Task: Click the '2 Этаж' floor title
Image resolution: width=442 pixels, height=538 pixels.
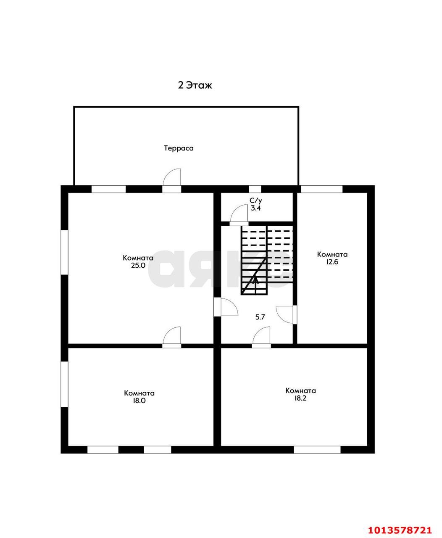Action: (195, 85)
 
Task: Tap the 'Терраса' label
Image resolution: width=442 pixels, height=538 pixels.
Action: (179, 148)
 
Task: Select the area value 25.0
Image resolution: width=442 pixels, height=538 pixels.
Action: (138, 265)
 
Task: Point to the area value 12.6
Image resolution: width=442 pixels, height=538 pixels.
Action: (332, 262)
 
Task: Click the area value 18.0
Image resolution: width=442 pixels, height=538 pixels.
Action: (139, 401)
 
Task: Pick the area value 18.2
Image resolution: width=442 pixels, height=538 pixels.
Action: (300, 398)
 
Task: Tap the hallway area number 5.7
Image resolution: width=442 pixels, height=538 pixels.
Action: (260, 317)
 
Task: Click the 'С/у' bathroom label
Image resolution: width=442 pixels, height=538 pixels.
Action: (255, 200)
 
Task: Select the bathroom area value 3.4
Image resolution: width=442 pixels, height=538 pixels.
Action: (255, 208)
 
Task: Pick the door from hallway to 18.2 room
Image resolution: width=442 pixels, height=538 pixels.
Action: (261, 337)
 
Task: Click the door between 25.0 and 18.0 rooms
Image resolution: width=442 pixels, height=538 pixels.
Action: (172, 337)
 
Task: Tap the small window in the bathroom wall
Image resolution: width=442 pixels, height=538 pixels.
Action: (255, 189)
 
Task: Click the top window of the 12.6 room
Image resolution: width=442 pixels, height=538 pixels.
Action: (322, 189)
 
